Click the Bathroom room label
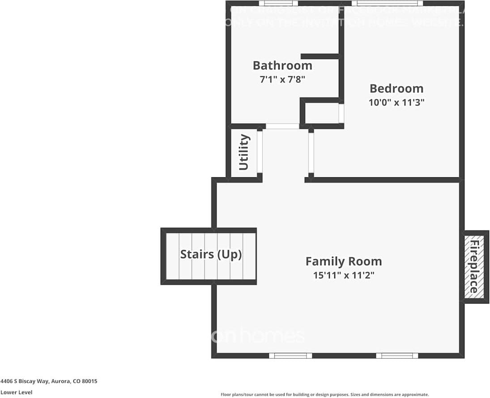(x=282, y=65)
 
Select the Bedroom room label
(x=396, y=88)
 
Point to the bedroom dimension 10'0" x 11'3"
(x=396, y=102)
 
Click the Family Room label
(x=343, y=261)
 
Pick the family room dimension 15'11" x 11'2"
(x=343, y=275)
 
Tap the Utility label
(x=244, y=152)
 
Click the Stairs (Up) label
(x=211, y=254)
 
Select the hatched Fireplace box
(x=473, y=267)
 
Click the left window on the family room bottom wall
(x=290, y=355)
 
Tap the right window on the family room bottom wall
(x=397, y=355)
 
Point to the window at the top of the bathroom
(x=278, y=4)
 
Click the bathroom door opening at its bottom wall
(x=282, y=126)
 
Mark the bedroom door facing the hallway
(x=311, y=152)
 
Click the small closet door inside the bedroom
(x=341, y=114)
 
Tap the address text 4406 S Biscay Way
(x=49, y=381)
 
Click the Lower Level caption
(x=16, y=392)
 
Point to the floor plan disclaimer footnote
(x=324, y=394)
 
